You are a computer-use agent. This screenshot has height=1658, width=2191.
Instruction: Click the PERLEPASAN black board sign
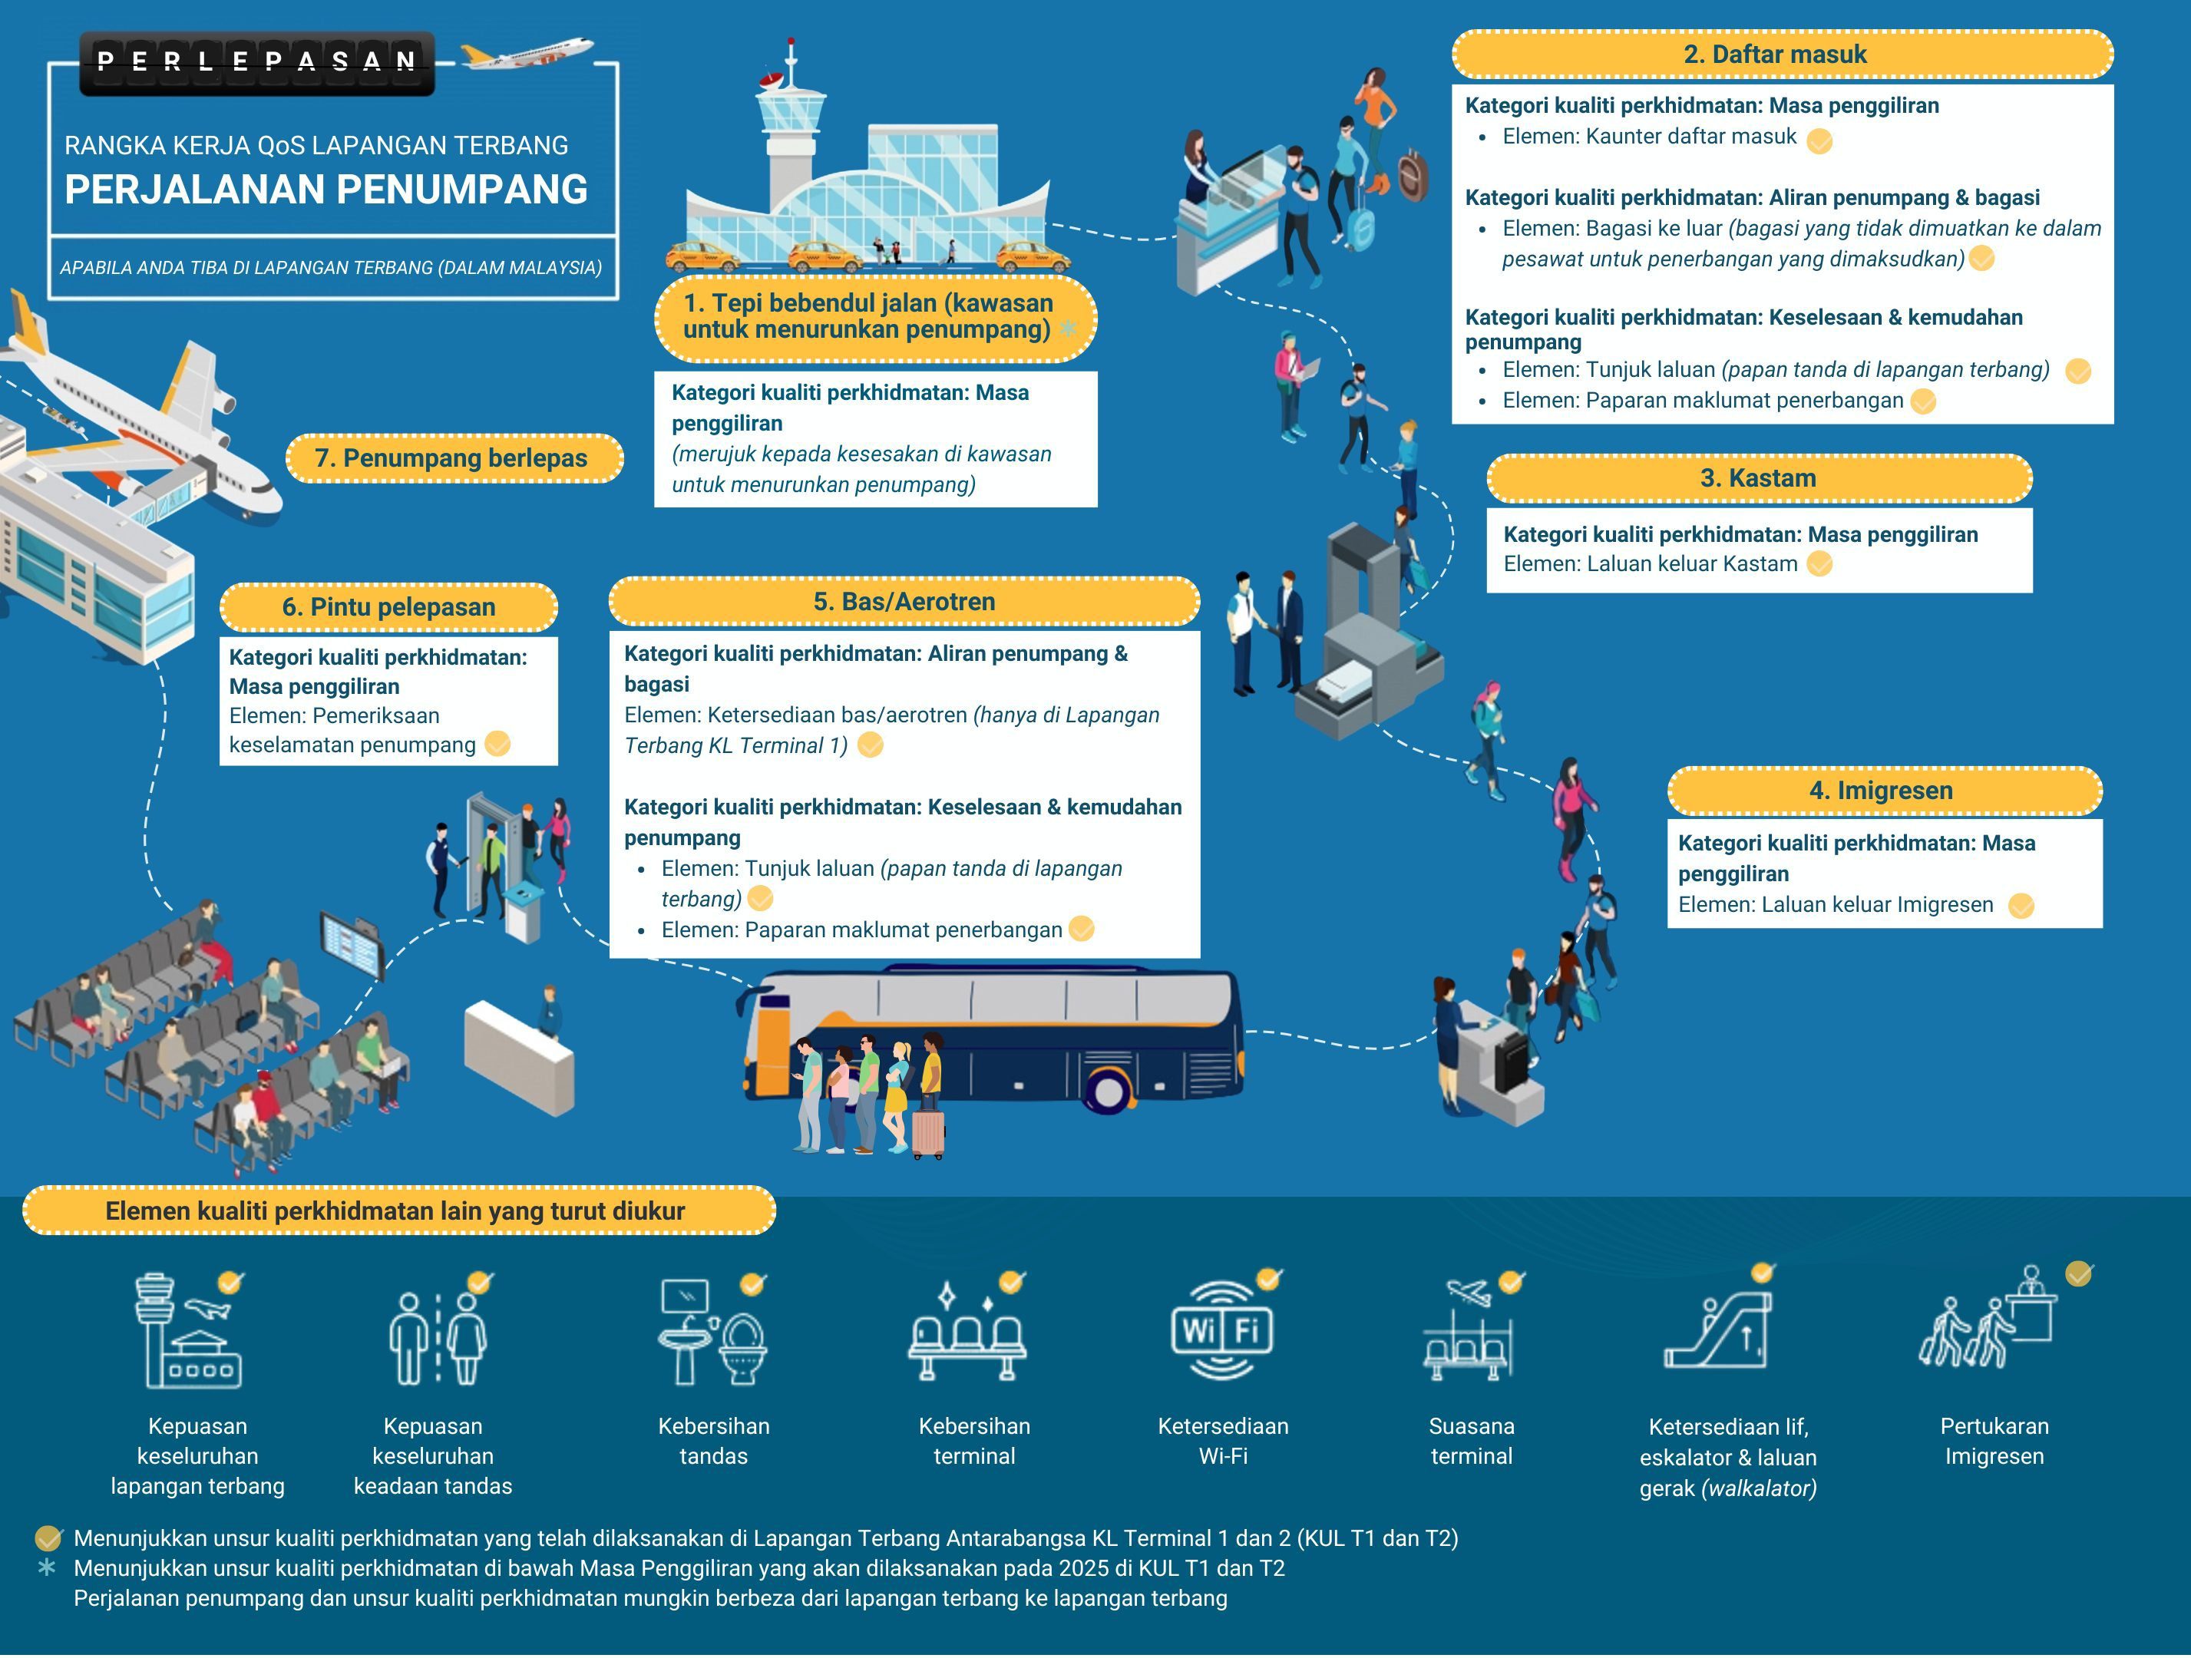pyautogui.click(x=256, y=62)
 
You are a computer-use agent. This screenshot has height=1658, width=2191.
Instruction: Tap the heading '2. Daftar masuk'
pyautogui.click(x=1774, y=54)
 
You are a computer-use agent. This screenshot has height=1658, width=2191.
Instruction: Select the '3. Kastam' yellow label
pyautogui.click(x=1758, y=478)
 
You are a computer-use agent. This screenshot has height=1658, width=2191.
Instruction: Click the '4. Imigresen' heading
pyautogui.click(x=1881, y=791)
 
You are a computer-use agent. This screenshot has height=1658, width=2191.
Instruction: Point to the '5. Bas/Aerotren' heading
pyautogui.click(x=904, y=601)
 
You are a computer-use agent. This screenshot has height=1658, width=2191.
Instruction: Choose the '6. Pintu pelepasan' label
pyautogui.click(x=388, y=607)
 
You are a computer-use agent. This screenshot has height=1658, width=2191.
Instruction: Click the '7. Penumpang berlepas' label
pyautogui.click(x=451, y=458)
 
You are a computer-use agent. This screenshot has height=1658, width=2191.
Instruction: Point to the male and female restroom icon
pyautogui.click(x=437, y=1337)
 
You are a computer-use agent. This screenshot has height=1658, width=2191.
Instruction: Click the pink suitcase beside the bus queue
pyautogui.click(x=928, y=1133)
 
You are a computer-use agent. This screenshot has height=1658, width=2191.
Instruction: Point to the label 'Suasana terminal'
pyautogui.click(x=1471, y=1441)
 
